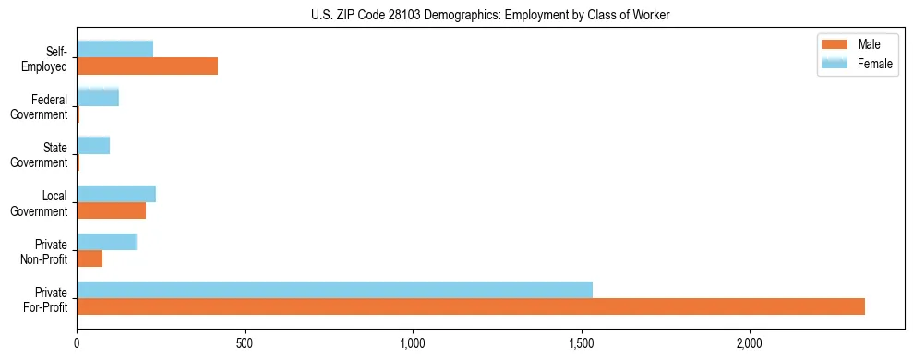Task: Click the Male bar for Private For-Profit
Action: click(x=471, y=306)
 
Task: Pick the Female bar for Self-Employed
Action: click(x=114, y=49)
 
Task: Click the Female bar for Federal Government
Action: click(x=98, y=97)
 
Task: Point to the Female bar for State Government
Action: click(x=93, y=145)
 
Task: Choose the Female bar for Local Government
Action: click(x=116, y=194)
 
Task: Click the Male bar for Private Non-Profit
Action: click(x=90, y=258)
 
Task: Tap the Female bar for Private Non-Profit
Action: click(x=106, y=242)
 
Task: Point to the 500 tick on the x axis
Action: click(x=245, y=343)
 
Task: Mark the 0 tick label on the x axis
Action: click(x=77, y=343)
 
